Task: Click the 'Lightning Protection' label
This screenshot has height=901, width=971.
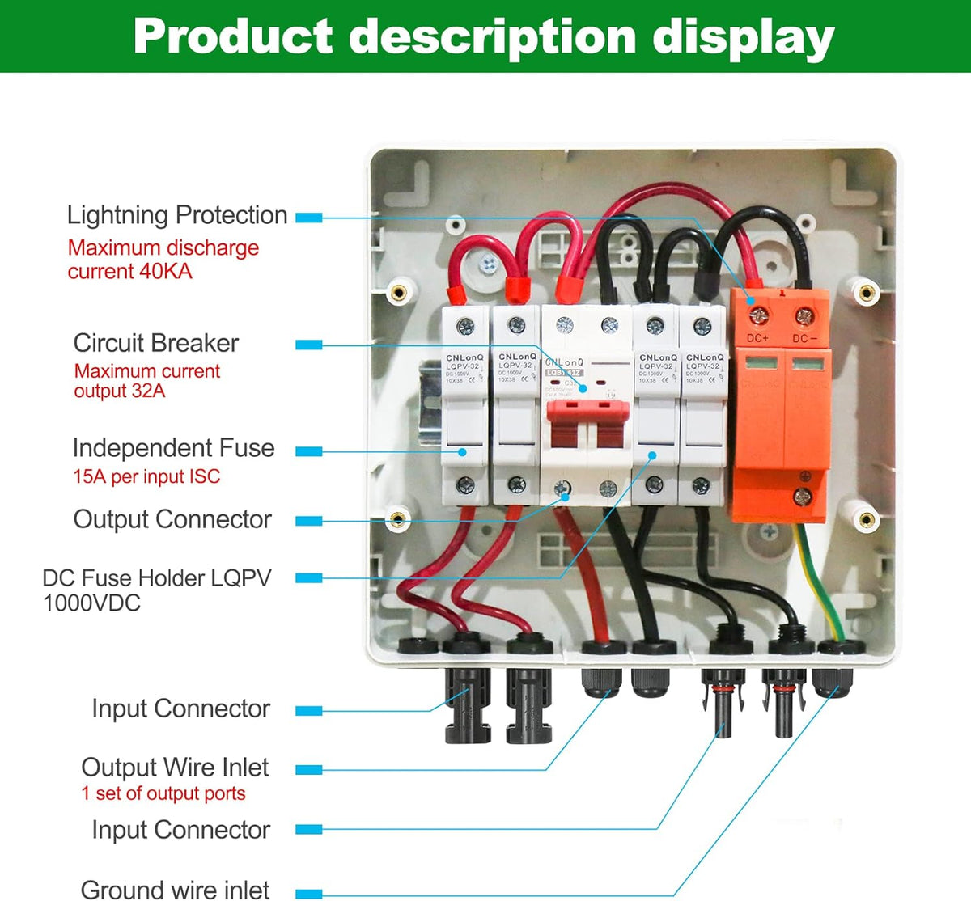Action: tap(176, 215)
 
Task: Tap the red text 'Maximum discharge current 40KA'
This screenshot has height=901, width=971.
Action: tap(163, 259)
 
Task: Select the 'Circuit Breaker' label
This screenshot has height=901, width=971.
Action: tap(155, 343)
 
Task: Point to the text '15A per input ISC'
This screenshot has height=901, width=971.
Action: tap(146, 476)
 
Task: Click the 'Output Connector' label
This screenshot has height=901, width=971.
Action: tap(172, 519)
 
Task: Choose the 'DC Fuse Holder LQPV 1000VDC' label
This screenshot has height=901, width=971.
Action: tap(156, 590)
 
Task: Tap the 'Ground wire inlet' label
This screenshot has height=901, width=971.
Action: tap(175, 889)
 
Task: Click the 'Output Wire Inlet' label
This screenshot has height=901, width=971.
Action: tap(175, 767)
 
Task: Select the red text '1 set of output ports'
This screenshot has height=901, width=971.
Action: tap(163, 793)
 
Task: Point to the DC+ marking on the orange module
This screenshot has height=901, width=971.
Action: tap(757, 338)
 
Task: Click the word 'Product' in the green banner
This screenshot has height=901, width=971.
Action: tap(233, 36)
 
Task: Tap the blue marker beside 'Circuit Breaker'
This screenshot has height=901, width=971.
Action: tap(308, 345)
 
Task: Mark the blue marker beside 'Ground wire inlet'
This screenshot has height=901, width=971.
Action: tap(308, 893)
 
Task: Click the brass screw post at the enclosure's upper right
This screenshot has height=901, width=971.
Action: tap(867, 291)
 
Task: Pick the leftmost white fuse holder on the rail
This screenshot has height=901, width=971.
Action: tap(465, 404)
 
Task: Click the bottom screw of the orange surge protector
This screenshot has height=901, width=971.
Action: tap(802, 496)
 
